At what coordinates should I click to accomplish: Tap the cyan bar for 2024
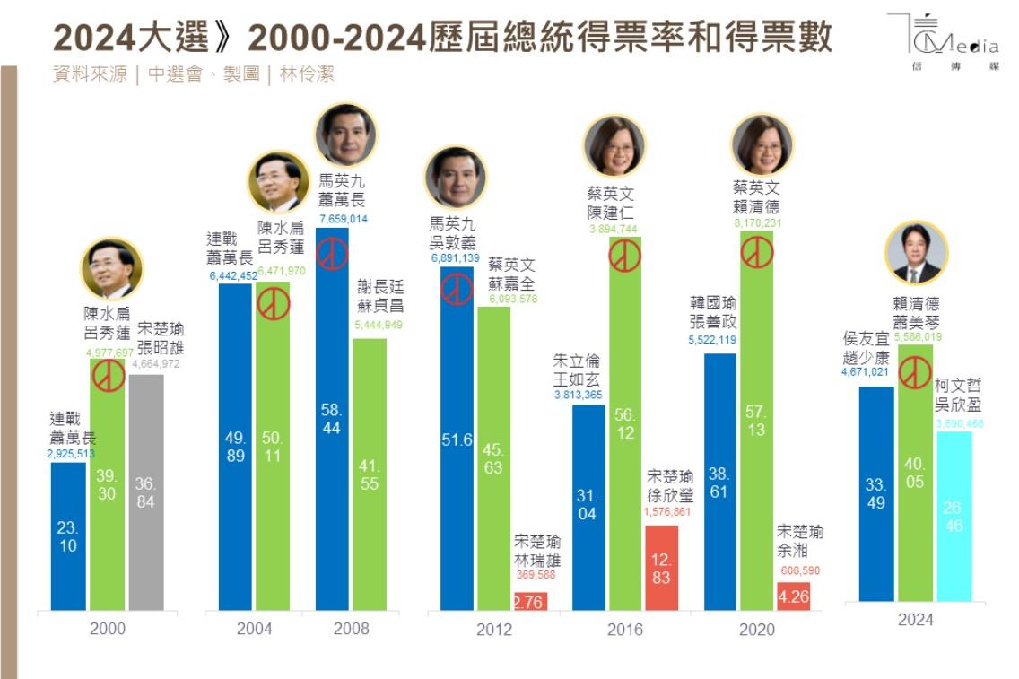(x=954, y=516)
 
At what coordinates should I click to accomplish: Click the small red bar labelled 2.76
(x=528, y=601)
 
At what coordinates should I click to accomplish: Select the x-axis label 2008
(x=351, y=628)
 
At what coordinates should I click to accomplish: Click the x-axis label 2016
(x=624, y=629)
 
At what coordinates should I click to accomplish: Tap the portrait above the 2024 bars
(x=917, y=254)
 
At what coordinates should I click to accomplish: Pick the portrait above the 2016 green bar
(x=614, y=146)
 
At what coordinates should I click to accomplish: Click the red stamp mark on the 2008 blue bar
(x=333, y=254)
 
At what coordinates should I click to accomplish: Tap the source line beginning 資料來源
(x=194, y=74)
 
